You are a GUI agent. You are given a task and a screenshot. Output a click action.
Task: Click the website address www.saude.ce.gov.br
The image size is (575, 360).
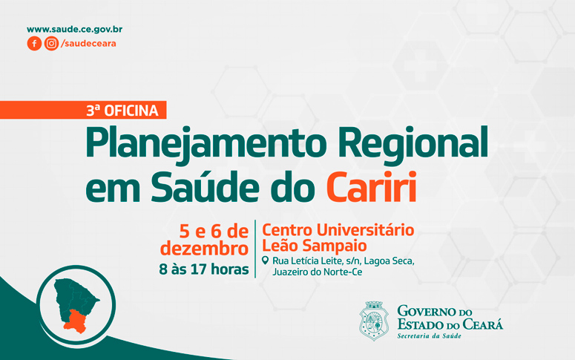click(74, 30)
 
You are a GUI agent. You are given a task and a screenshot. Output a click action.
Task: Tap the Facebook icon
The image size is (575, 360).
click(34, 43)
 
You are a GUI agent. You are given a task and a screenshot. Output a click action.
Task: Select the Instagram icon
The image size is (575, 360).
click(51, 43)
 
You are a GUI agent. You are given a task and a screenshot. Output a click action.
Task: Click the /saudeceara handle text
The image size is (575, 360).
click(88, 43)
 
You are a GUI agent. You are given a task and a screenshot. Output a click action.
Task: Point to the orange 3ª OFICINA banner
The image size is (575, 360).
click(83, 110)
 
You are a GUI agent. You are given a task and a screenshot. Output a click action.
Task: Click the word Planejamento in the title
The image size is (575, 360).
click(206, 143)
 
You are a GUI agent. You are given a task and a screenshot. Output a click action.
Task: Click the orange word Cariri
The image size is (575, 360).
click(372, 186)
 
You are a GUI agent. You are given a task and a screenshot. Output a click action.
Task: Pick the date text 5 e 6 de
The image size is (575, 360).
click(214, 232)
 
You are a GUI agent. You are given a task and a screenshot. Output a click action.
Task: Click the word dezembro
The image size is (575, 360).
click(204, 249)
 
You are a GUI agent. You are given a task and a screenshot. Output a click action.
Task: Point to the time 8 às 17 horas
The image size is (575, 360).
click(204, 269)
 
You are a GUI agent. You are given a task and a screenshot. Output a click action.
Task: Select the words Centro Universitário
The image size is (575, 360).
click(338, 230)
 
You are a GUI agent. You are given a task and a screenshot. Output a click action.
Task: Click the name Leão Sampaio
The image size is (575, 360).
click(315, 246)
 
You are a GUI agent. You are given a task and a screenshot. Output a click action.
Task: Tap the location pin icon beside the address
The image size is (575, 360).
click(265, 261)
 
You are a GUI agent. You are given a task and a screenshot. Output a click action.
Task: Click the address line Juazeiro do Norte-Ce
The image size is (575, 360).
click(318, 272)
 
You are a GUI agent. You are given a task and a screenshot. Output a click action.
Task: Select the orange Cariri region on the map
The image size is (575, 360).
click(75, 321)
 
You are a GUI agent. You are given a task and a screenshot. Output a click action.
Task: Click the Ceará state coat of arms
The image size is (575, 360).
click(374, 321)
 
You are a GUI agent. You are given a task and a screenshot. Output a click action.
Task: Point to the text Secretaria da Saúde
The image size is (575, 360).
click(429, 336)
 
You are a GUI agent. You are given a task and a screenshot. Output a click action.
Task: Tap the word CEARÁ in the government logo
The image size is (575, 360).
click(482, 324)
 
